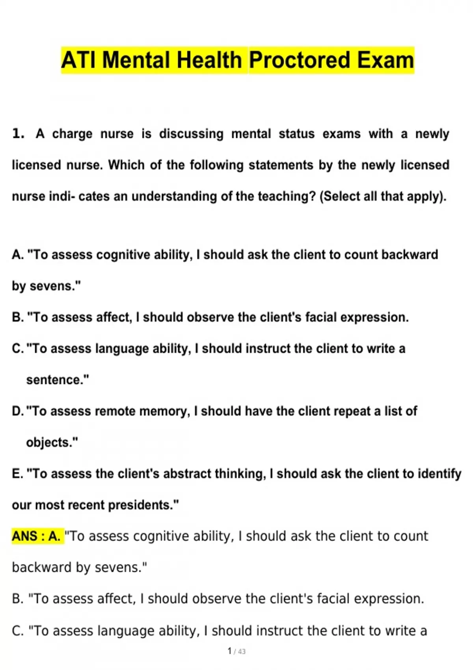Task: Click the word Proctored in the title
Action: click(299, 60)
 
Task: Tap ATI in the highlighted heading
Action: click(78, 60)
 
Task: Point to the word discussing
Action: click(191, 134)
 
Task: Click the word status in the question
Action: click(296, 134)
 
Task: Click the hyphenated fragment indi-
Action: click(62, 196)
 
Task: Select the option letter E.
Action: click(17, 474)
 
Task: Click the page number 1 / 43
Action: click(236, 651)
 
